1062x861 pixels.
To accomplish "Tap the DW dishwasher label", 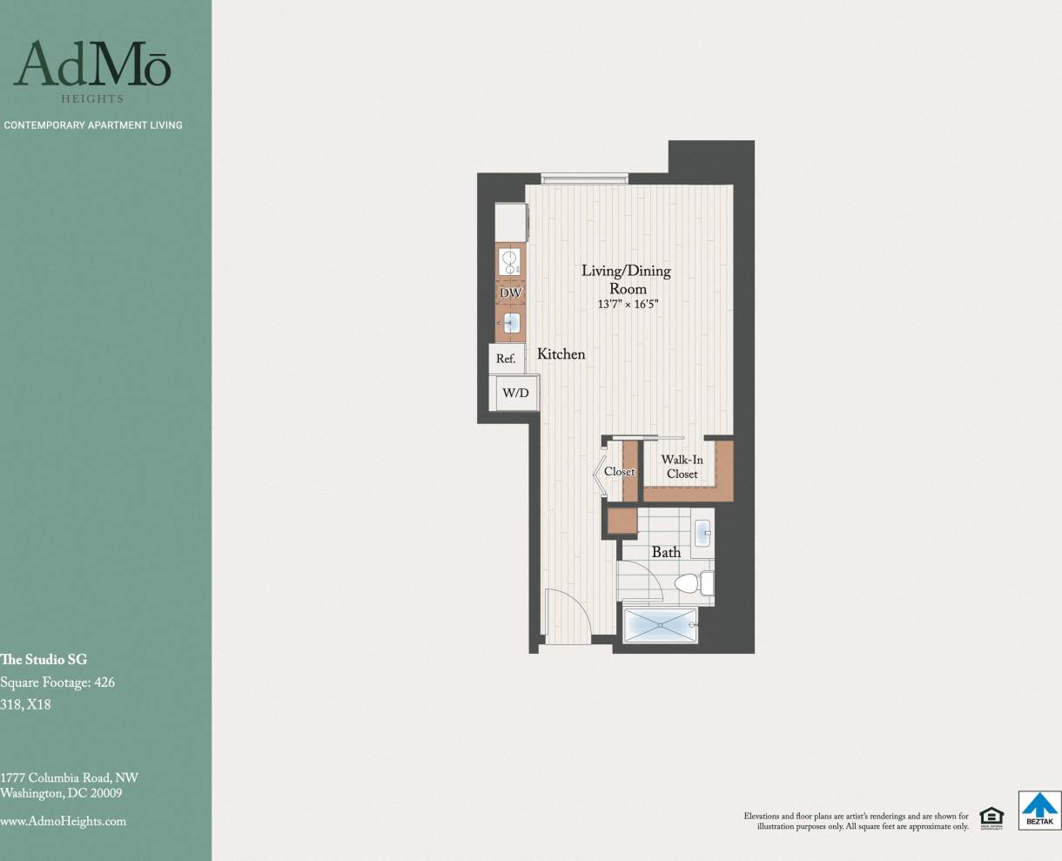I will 510,293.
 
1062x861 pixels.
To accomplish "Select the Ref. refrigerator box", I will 506,359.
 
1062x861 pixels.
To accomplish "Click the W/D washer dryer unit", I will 515,393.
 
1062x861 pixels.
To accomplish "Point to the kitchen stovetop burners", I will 510,261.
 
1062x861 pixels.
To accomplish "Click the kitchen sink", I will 511,325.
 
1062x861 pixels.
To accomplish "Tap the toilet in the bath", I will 693,582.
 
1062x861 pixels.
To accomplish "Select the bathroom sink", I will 703,531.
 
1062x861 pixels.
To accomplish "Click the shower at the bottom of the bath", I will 661,625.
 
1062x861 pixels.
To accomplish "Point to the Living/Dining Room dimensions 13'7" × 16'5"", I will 628,305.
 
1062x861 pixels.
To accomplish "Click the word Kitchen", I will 561,354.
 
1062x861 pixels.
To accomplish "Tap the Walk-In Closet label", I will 682,467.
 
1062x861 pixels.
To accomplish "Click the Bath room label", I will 666,552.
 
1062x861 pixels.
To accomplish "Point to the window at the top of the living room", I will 583,178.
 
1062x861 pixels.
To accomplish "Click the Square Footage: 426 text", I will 57,683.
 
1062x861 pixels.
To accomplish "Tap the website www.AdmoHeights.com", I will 63,821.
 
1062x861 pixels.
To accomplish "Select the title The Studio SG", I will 44,660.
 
